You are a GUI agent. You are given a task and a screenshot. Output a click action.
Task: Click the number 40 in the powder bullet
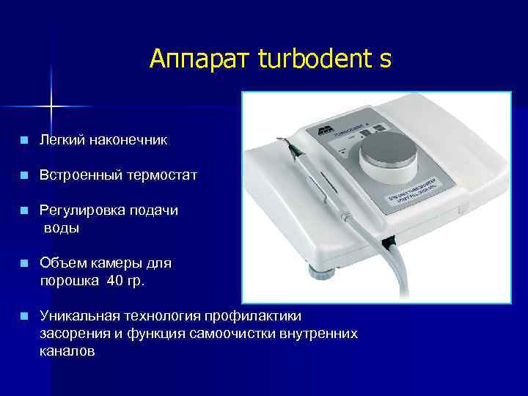pos(116,279)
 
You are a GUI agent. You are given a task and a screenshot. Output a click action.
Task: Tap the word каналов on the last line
pos(67,351)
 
